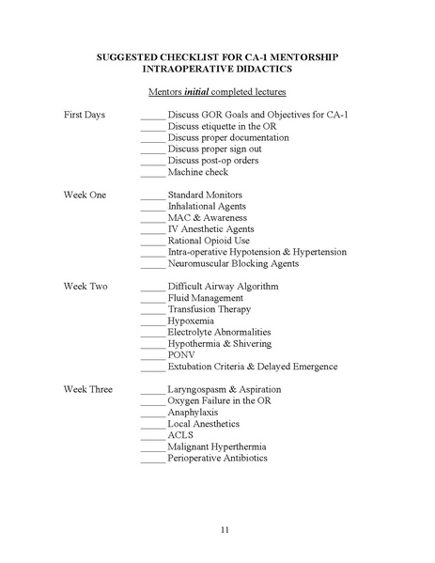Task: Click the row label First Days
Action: click(85, 115)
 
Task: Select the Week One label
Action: click(85, 195)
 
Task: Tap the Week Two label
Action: click(85, 286)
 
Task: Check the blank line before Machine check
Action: click(153, 173)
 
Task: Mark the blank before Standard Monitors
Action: click(153, 195)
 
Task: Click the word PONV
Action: click(181, 355)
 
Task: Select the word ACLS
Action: click(181, 435)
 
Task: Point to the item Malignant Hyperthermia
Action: click(216, 446)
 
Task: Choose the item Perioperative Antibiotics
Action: click(217, 459)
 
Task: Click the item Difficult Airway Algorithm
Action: click(223, 286)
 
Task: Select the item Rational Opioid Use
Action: click(209, 241)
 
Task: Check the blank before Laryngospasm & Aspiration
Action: click(153, 390)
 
